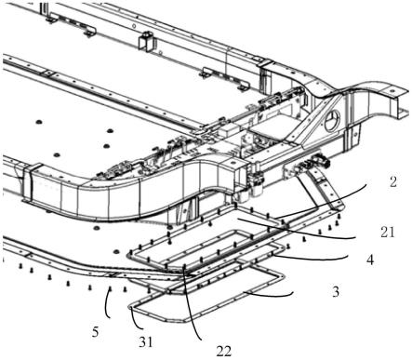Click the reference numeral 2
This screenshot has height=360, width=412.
tap(393, 181)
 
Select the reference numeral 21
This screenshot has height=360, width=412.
tap(388, 232)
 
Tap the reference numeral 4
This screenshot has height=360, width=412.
tap(370, 260)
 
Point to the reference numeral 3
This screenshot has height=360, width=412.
tap(336, 292)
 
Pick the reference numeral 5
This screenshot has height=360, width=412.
tap(95, 332)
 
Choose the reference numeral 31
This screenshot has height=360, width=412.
tap(146, 342)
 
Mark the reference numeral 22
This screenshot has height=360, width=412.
tap(224, 352)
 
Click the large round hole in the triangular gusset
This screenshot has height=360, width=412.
tap(333, 120)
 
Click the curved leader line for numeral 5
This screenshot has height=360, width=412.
tap(107, 305)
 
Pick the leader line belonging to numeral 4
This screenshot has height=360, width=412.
tap(310, 259)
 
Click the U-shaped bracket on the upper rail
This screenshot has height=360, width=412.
tap(147, 41)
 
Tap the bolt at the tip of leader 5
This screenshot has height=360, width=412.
tap(110, 289)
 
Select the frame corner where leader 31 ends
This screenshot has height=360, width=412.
tap(131, 308)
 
